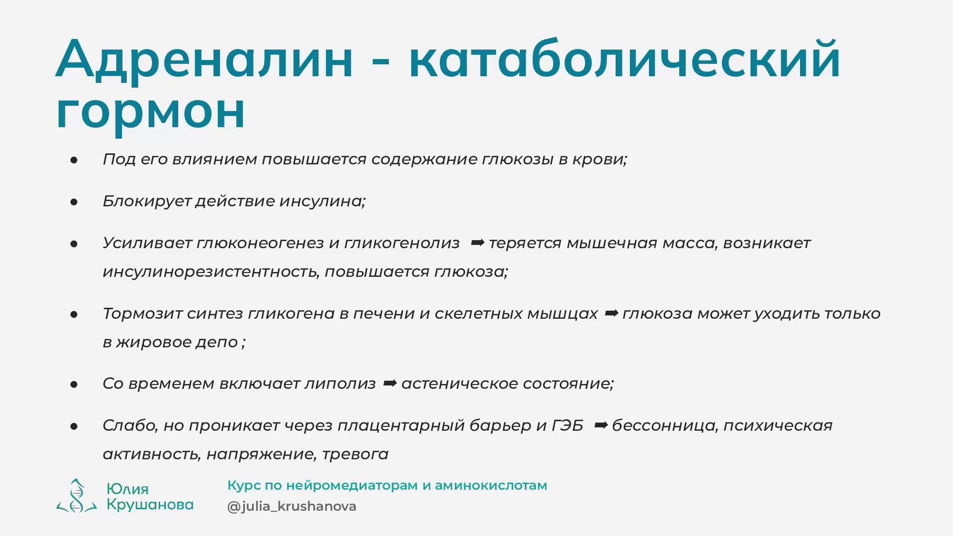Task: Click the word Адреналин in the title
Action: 204,59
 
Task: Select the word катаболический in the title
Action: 624,59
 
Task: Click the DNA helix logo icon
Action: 76,495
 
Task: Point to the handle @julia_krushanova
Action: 292,506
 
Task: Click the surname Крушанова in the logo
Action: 150,505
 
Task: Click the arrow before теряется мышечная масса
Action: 477,243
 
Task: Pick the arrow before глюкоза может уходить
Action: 611,313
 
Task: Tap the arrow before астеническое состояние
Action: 390,383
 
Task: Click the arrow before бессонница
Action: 601,425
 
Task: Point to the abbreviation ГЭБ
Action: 567,425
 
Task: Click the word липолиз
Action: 340,384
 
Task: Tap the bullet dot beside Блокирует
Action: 74,201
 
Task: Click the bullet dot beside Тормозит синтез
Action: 74,314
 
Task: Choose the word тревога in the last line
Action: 355,455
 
